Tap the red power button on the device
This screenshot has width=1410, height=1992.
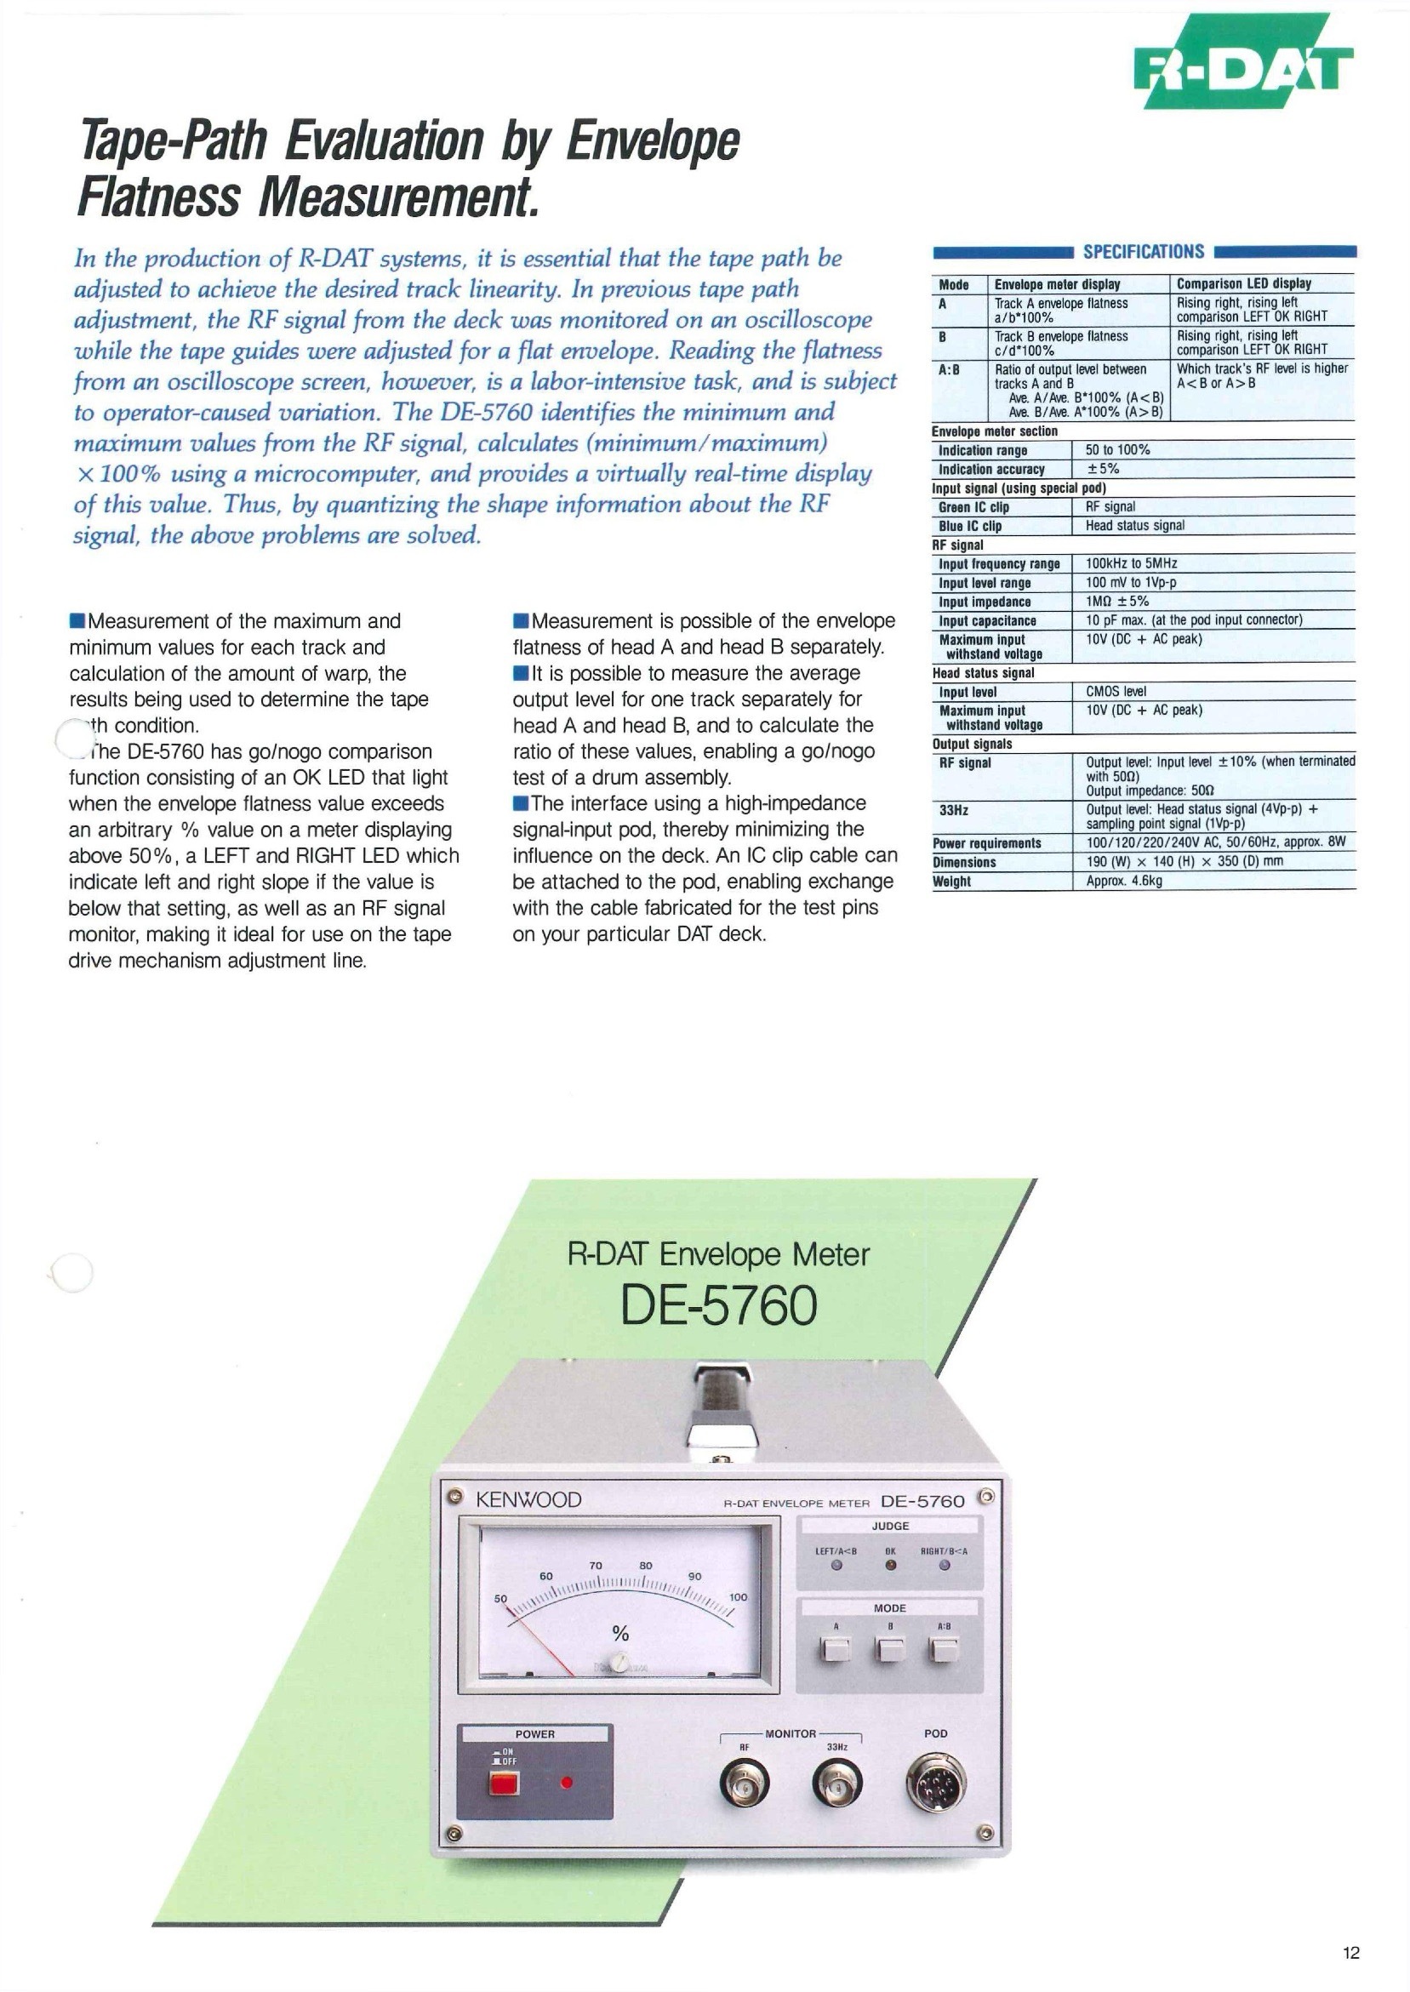pos(504,1784)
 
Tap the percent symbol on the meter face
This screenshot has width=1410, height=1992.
pos(620,1633)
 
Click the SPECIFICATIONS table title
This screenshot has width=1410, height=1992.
pos(1144,252)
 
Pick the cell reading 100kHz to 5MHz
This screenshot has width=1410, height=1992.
pos(1131,563)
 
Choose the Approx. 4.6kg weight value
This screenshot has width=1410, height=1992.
pos(1124,881)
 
